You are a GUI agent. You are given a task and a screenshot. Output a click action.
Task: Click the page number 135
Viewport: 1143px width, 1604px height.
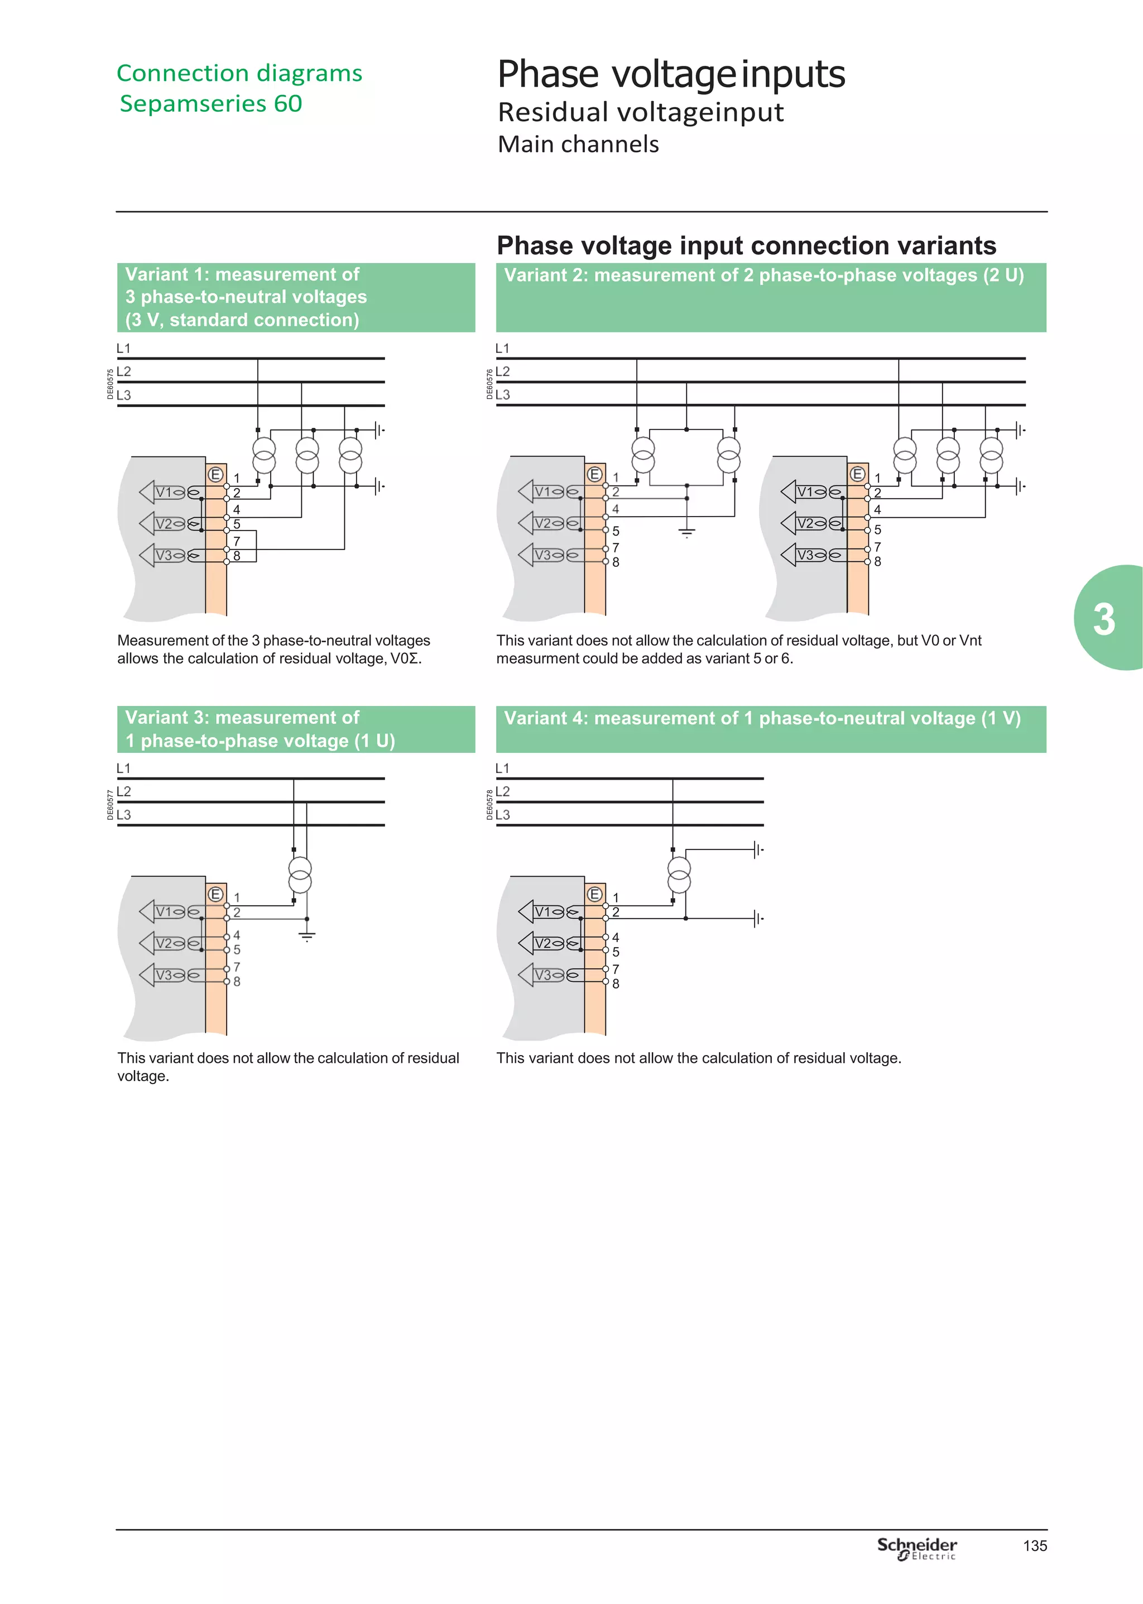1035,1545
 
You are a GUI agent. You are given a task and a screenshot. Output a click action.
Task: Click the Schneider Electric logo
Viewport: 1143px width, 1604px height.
916,1548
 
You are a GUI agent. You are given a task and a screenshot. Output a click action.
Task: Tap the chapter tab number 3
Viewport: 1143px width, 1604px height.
1103,619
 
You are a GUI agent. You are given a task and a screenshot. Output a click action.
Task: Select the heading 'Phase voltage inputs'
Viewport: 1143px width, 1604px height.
671,74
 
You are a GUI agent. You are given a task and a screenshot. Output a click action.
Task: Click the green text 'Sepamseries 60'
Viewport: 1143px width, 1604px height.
210,103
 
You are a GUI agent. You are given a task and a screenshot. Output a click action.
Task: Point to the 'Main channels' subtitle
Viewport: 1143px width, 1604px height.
578,144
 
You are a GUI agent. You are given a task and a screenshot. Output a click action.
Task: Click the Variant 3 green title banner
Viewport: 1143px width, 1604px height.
296,729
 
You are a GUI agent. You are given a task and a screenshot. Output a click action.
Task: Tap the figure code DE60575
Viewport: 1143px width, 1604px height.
111,384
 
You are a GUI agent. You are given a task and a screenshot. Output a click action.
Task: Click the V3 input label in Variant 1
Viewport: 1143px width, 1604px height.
164,555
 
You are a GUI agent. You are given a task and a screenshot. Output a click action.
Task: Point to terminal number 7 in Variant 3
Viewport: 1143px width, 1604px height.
237,967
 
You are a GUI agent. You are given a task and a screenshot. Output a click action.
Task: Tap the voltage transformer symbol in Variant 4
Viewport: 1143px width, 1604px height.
679,875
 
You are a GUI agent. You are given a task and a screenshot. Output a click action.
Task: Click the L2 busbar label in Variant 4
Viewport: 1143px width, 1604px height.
502,791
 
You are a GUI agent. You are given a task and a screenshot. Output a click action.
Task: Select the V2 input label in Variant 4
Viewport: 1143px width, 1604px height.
542,943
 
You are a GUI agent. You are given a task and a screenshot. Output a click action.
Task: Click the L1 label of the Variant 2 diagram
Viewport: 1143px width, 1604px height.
502,349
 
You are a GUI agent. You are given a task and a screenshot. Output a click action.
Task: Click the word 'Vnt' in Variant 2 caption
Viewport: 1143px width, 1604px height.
970,640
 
